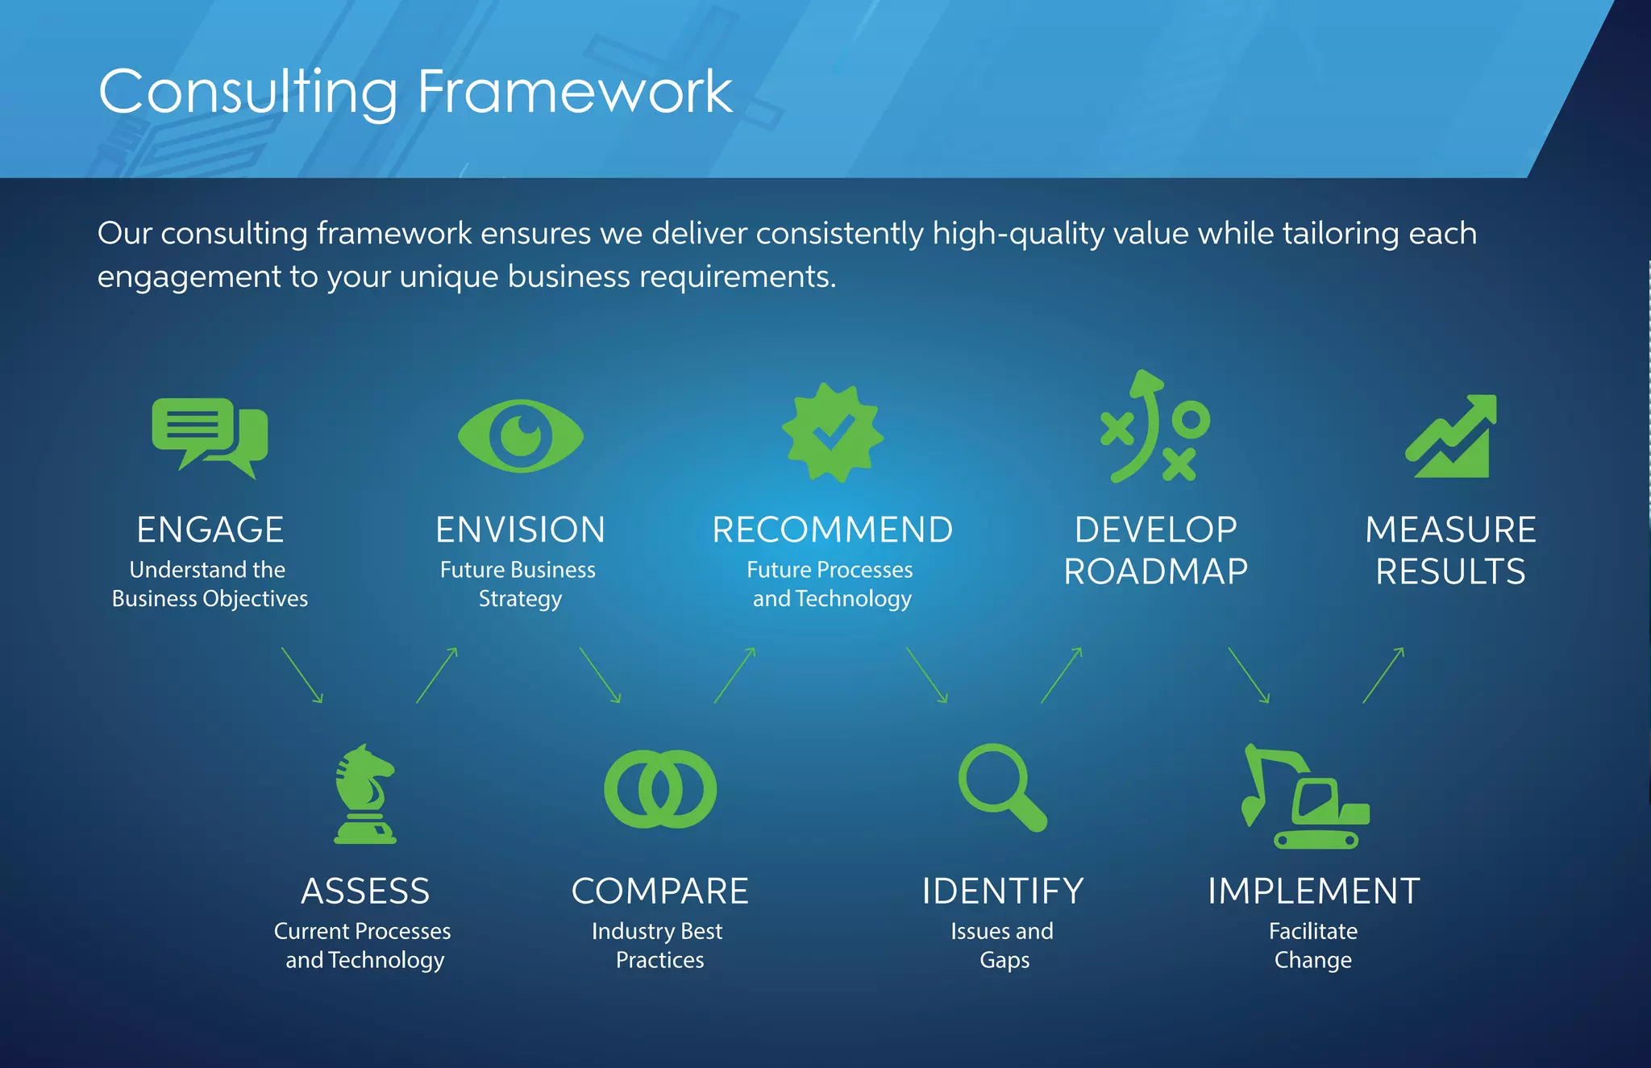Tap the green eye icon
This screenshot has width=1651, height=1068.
point(520,436)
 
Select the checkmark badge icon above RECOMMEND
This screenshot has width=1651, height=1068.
point(832,434)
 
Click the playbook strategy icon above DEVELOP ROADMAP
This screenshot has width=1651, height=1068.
point(1154,428)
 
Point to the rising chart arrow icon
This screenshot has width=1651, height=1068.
point(1451,437)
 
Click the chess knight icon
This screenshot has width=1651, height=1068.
point(365,794)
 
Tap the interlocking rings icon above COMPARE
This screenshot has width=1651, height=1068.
point(660,789)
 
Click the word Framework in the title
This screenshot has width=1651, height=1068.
point(574,92)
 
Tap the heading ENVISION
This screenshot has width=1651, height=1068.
point(520,530)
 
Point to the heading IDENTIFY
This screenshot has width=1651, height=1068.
point(1002,891)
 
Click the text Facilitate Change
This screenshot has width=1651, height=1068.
point(1312,945)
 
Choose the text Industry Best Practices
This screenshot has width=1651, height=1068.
point(658,945)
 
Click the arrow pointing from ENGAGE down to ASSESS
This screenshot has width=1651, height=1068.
point(302,675)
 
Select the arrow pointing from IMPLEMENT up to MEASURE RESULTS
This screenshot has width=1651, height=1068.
point(1383,675)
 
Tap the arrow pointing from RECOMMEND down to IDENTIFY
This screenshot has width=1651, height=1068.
point(927,675)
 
